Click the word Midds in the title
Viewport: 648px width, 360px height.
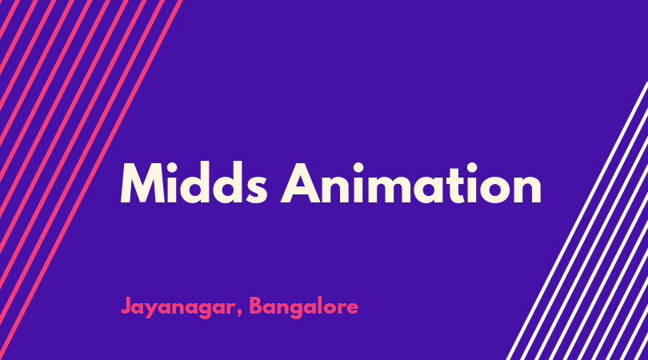click(x=194, y=182)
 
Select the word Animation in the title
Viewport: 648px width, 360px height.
click(x=411, y=183)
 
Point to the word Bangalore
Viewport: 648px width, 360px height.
click(x=304, y=307)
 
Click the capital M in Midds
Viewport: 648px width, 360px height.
click(x=143, y=183)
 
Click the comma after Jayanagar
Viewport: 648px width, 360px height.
click(x=240, y=314)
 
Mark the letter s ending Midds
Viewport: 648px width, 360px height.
click(x=255, y=190)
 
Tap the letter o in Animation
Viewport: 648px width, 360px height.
click(x=494, y=190)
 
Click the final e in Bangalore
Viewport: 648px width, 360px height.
click(x=352, y=309)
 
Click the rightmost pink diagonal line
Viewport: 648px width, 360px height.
click(x=90, y=180)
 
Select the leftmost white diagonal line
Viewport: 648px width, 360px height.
click(x=578, y=221)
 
